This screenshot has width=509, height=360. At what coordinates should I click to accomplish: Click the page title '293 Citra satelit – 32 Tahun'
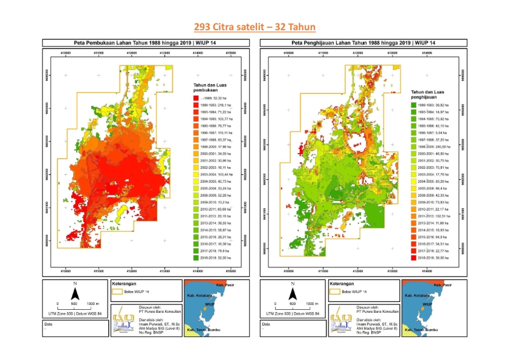coord(254,27)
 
